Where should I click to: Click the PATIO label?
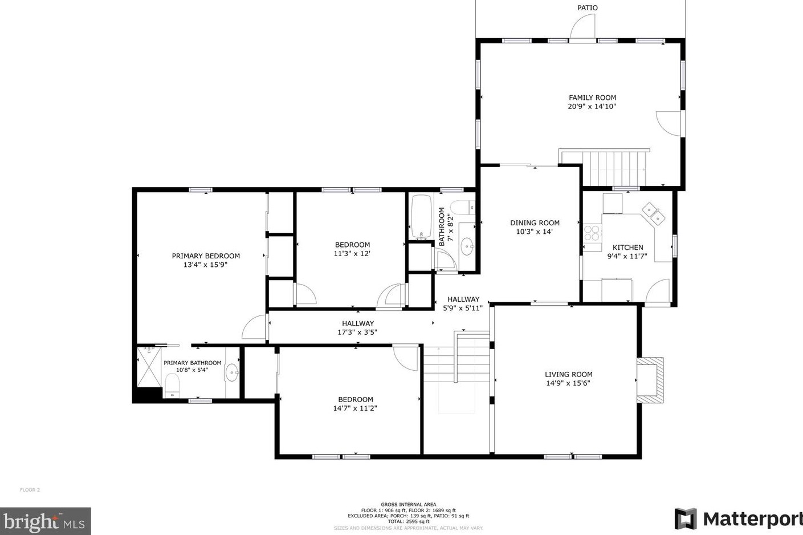click(587, 7)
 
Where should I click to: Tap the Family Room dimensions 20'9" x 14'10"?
click(592, 106)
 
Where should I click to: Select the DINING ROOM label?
click(535, 223)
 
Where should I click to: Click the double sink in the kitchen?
click(653, 214)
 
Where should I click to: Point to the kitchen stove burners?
click(592, 232)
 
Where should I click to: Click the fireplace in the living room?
click(650, 380)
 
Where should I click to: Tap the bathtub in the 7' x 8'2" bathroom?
click(422, 217)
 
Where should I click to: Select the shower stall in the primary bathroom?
click(149, 367)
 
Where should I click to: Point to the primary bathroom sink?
click(232, 372)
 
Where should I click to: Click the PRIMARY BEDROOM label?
click(206, 256)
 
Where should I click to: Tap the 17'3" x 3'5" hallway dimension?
click(357, 333)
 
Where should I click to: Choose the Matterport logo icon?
click(686, 519)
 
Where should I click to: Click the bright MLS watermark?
click(45, 521)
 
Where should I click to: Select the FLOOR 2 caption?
click(30, 490)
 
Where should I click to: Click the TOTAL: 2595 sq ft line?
click(408, 521)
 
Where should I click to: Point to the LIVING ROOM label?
click(569, 374)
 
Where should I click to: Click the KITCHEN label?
click(627, 247)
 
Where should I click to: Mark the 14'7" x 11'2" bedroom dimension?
click(355, 408)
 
